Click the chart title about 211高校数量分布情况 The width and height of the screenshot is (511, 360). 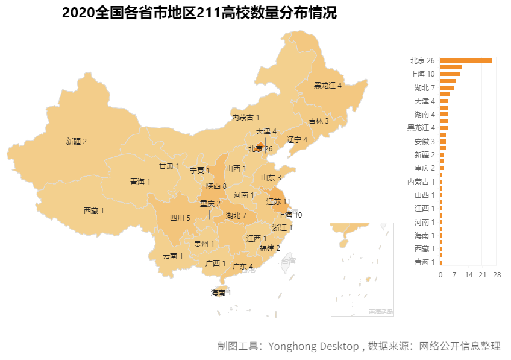coord(199,13)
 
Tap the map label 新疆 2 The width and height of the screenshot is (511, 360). coord(77,142)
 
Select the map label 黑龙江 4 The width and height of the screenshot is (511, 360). coord(328,86)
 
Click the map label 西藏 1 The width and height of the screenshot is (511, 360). coord(94,211)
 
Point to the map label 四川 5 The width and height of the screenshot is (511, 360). coord(180,218)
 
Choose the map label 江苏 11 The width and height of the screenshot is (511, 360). coord(278,202)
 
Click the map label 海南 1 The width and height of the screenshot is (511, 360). coord(221,293)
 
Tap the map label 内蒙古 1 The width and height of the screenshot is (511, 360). coord(246,118)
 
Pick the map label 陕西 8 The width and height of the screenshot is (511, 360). coord(216,186)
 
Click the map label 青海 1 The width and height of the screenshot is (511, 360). coord(140,182)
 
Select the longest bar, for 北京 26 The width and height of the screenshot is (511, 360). coord(466,60)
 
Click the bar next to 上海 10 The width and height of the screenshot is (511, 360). coord(450,74)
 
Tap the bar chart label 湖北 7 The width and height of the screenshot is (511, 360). coord(424,87)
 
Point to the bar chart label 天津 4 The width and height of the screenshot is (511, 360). coord(424,101)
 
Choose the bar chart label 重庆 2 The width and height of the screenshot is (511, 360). coord(424,168)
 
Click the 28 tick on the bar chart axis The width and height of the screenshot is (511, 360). coord(497,275)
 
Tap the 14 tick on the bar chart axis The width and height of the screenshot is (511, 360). coord(468,275)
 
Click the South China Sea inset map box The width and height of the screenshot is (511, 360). coord(362,269)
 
